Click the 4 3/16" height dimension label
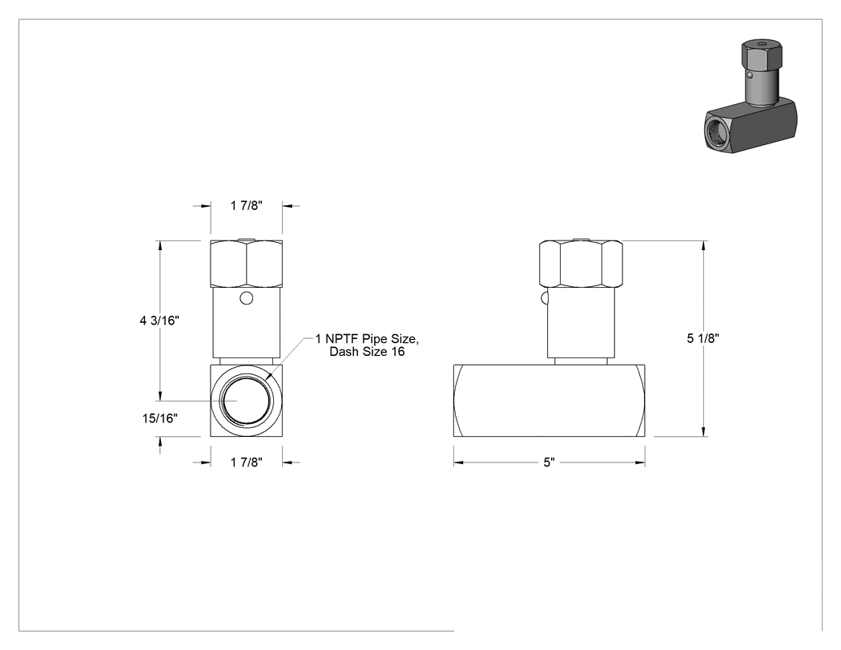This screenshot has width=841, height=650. tap(159, 321)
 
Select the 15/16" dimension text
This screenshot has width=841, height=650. tap(160, 418)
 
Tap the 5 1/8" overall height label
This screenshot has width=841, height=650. tap(703, 338)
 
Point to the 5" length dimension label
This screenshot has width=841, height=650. tap(549, 462)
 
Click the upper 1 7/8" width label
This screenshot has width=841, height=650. tap(247, 205)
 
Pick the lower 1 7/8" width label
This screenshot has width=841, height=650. tap(247, 462)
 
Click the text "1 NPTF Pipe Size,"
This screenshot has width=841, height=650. tap(367, 339)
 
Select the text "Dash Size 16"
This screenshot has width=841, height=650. tap(367, 352)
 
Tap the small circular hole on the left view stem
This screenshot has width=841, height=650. tap(246, 298)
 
